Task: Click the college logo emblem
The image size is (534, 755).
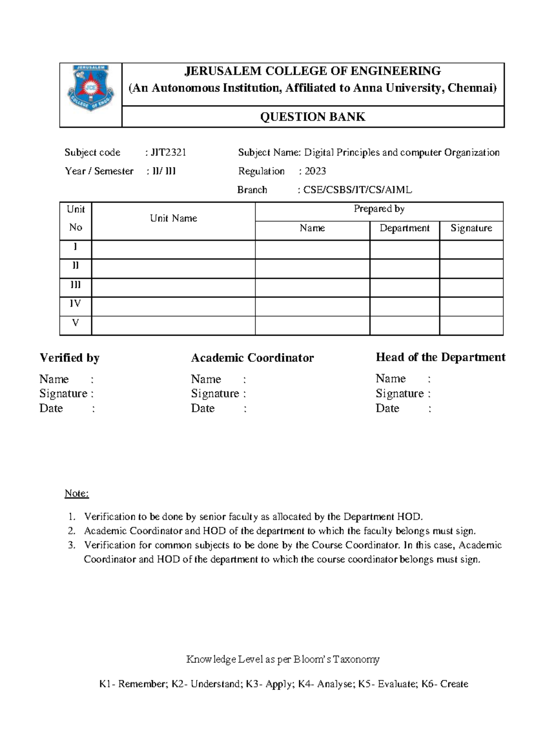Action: pyautogui.click(x=90, y=88)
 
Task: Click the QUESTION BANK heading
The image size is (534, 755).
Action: pyautogui.click(x=312, y=117)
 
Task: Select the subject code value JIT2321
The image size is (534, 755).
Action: pyautogui.click(x=168, y=153)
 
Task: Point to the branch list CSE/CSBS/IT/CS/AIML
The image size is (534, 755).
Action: pyautogui.click(x=357, y=190)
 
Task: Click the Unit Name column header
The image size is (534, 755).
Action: pyautogui.click(x=173, y=219)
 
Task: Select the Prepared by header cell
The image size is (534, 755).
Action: pyautogui.click(x=379, y=209)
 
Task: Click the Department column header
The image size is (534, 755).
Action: pyautogui.click(x=404, y=228)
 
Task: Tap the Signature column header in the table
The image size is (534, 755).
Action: pyautogui.click(x=471, y=228)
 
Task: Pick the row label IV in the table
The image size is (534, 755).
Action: pyautogui.click(x=75, y=304)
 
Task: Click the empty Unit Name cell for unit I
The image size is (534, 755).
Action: pyautogui.click(x=173, y=250)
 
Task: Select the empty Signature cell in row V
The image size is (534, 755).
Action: pyautogui.click(x=471, y=325)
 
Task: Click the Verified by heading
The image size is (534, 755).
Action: pyautogui.click(x=69, y=358)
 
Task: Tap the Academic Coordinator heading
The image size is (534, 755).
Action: pyautogui.click(x=252, y=358)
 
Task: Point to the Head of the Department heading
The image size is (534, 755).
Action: pyautogui.click(x=440, y=357)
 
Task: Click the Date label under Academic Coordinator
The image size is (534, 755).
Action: pyautogui.click(x=202, y=409)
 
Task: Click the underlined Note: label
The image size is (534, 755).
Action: pyautogui.click(x=77, y=493)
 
